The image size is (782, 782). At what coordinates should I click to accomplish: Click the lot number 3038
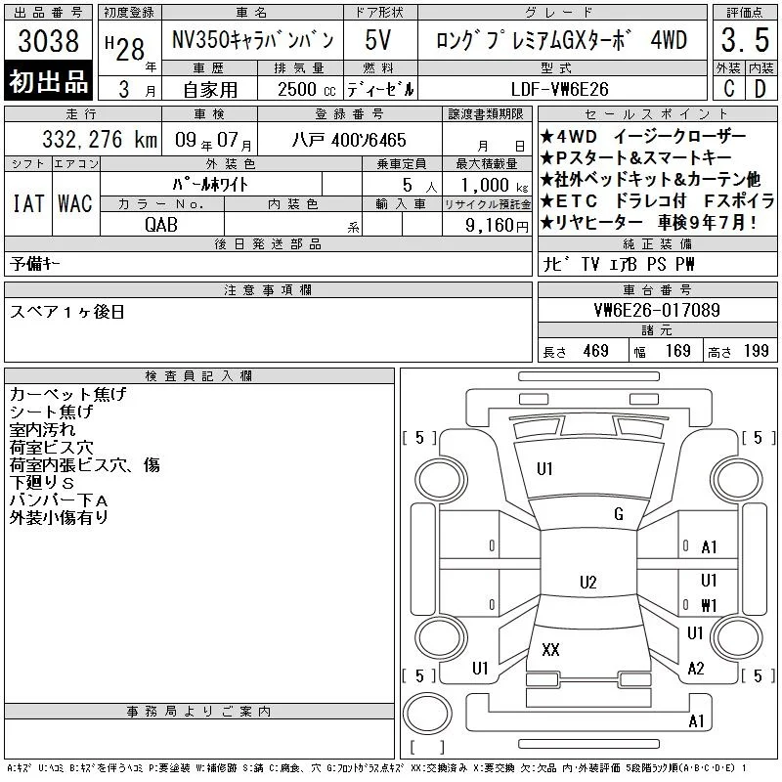point(48,40)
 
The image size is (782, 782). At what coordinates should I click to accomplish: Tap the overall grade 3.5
point(745,40)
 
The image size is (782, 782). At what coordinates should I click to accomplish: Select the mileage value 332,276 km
point(100,140)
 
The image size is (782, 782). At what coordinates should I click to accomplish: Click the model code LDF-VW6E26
point(559,89)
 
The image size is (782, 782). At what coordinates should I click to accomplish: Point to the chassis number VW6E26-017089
point(657,310)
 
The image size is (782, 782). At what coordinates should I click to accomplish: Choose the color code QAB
point(161,225)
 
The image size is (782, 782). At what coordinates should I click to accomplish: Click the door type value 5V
point(377,40)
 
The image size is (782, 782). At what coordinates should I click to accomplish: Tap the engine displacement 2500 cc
point(307,89)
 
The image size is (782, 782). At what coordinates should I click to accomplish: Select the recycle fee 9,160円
point(497,226)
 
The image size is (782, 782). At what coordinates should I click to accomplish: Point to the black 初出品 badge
point(48,81)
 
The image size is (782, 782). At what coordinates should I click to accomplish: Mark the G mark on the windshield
point(619,514)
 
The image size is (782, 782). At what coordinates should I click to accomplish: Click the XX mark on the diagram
point(550,650)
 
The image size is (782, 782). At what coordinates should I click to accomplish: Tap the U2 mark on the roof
point(588,583)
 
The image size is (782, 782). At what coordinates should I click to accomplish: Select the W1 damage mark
point(709,605)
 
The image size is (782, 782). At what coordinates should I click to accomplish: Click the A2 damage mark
point(696,669)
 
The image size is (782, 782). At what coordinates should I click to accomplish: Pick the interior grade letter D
point(760,89)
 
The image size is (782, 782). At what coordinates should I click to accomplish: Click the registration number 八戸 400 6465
point(349,140)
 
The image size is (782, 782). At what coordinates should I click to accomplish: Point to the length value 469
point(596,351)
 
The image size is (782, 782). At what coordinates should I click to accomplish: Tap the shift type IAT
point(28,203)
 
